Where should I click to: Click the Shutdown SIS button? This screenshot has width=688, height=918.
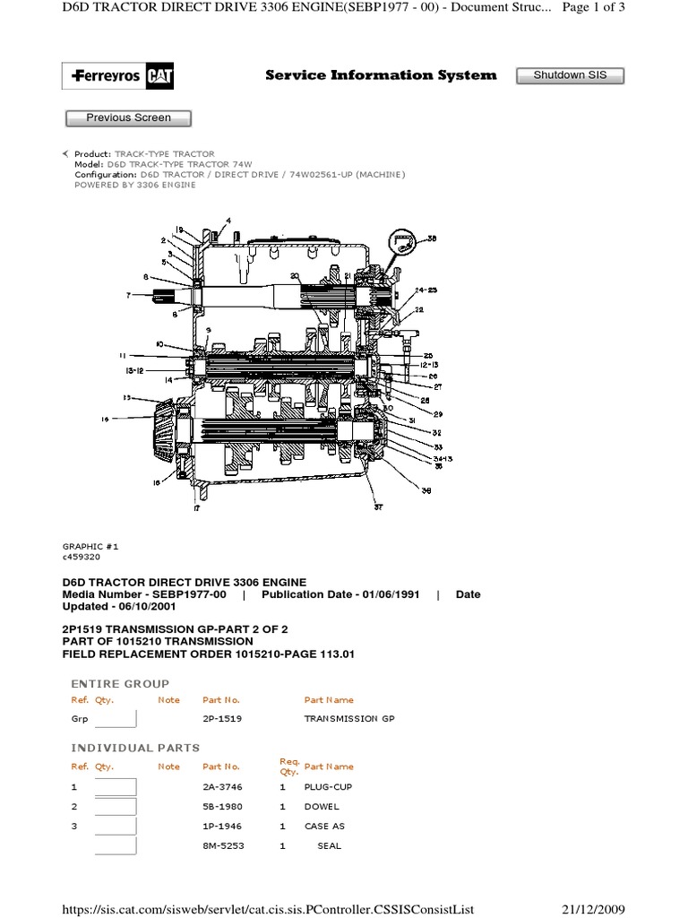point(570,75)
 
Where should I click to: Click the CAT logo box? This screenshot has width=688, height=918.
point(161,77)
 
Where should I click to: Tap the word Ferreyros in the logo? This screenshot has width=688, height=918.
point(107,77)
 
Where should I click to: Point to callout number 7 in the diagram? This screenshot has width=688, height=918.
point(128,295)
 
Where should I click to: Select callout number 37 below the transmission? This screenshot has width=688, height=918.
point(378,507)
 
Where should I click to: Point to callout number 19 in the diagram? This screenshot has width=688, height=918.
point(178,229)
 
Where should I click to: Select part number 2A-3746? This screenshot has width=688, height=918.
point(222,786)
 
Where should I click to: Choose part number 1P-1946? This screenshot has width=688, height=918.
point(222,826)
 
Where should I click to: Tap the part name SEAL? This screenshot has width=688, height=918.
point(330,845)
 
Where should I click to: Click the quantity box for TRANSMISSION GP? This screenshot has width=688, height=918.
point(116,718)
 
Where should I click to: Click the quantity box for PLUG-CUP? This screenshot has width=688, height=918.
point(116,786)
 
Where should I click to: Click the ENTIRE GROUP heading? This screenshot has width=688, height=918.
point(120,683)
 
